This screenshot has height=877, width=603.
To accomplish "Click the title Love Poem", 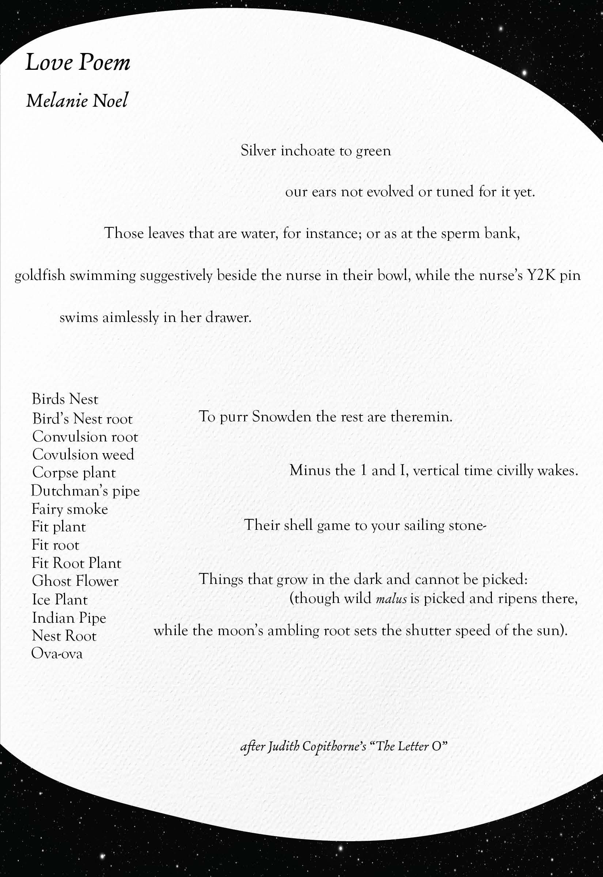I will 78,63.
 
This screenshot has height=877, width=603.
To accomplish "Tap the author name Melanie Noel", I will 77,101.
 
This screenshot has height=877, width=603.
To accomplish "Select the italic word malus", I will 391,599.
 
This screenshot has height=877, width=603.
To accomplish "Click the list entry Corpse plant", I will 74,472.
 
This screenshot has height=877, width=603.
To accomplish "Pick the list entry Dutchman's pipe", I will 86,491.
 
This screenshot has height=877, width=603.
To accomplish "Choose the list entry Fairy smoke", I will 70,509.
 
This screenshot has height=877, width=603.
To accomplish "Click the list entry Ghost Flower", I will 75,581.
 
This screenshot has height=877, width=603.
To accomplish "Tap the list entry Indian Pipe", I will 69,618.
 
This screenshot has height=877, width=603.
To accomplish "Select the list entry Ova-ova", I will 57,653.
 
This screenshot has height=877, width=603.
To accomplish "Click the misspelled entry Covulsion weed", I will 83,454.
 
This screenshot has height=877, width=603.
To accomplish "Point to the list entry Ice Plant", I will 60,599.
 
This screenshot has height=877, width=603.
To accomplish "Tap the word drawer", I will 228,317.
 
